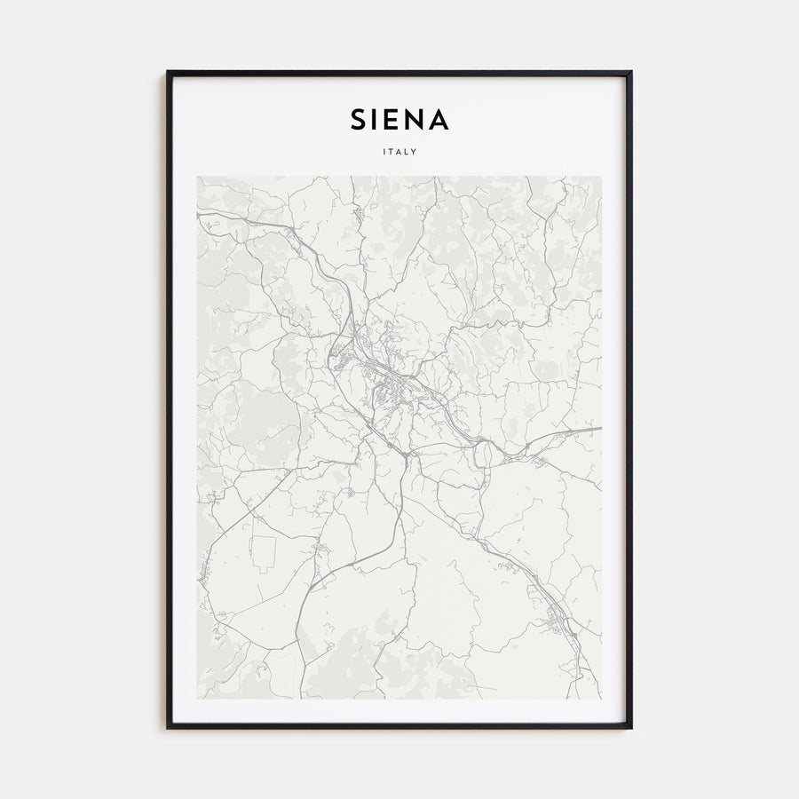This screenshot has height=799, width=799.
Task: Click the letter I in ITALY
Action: pyautogui.click(x=384, y=151)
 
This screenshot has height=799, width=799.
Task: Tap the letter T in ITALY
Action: pyautogui.click(x=391, y=151)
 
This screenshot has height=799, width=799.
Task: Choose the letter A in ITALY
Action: pyautogui.click(x=399, y=151)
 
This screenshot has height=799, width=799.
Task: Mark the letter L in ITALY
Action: pyautogui.click(x=407, y=151)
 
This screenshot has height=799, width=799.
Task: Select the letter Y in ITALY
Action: pyautogui.click(x=415, y=151)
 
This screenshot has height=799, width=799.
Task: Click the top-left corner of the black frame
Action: pyautogui.click(x=168, y=72)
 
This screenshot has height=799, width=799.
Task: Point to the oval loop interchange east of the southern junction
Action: pyautogui.click(x=484, y=455)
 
